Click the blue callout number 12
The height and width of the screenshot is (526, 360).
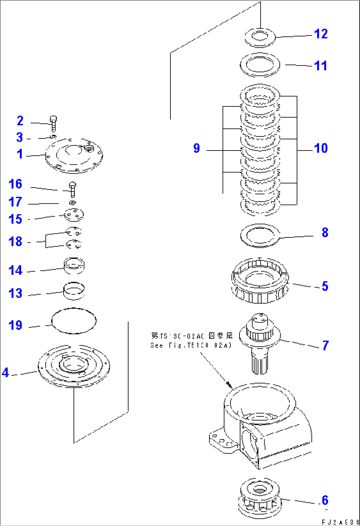[x=320, y=34]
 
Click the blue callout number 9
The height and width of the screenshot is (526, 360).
[x=197, y=148]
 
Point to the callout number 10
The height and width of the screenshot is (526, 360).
[x=320, y=148]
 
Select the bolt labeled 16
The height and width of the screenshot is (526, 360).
[x=73, y=190]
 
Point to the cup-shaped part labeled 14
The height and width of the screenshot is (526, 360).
[x=74, y=266]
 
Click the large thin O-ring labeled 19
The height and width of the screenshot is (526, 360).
[x=74, y=320]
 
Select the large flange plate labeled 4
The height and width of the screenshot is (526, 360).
[x=74, y=367]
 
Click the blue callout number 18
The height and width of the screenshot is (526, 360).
[x=15, y=241]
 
